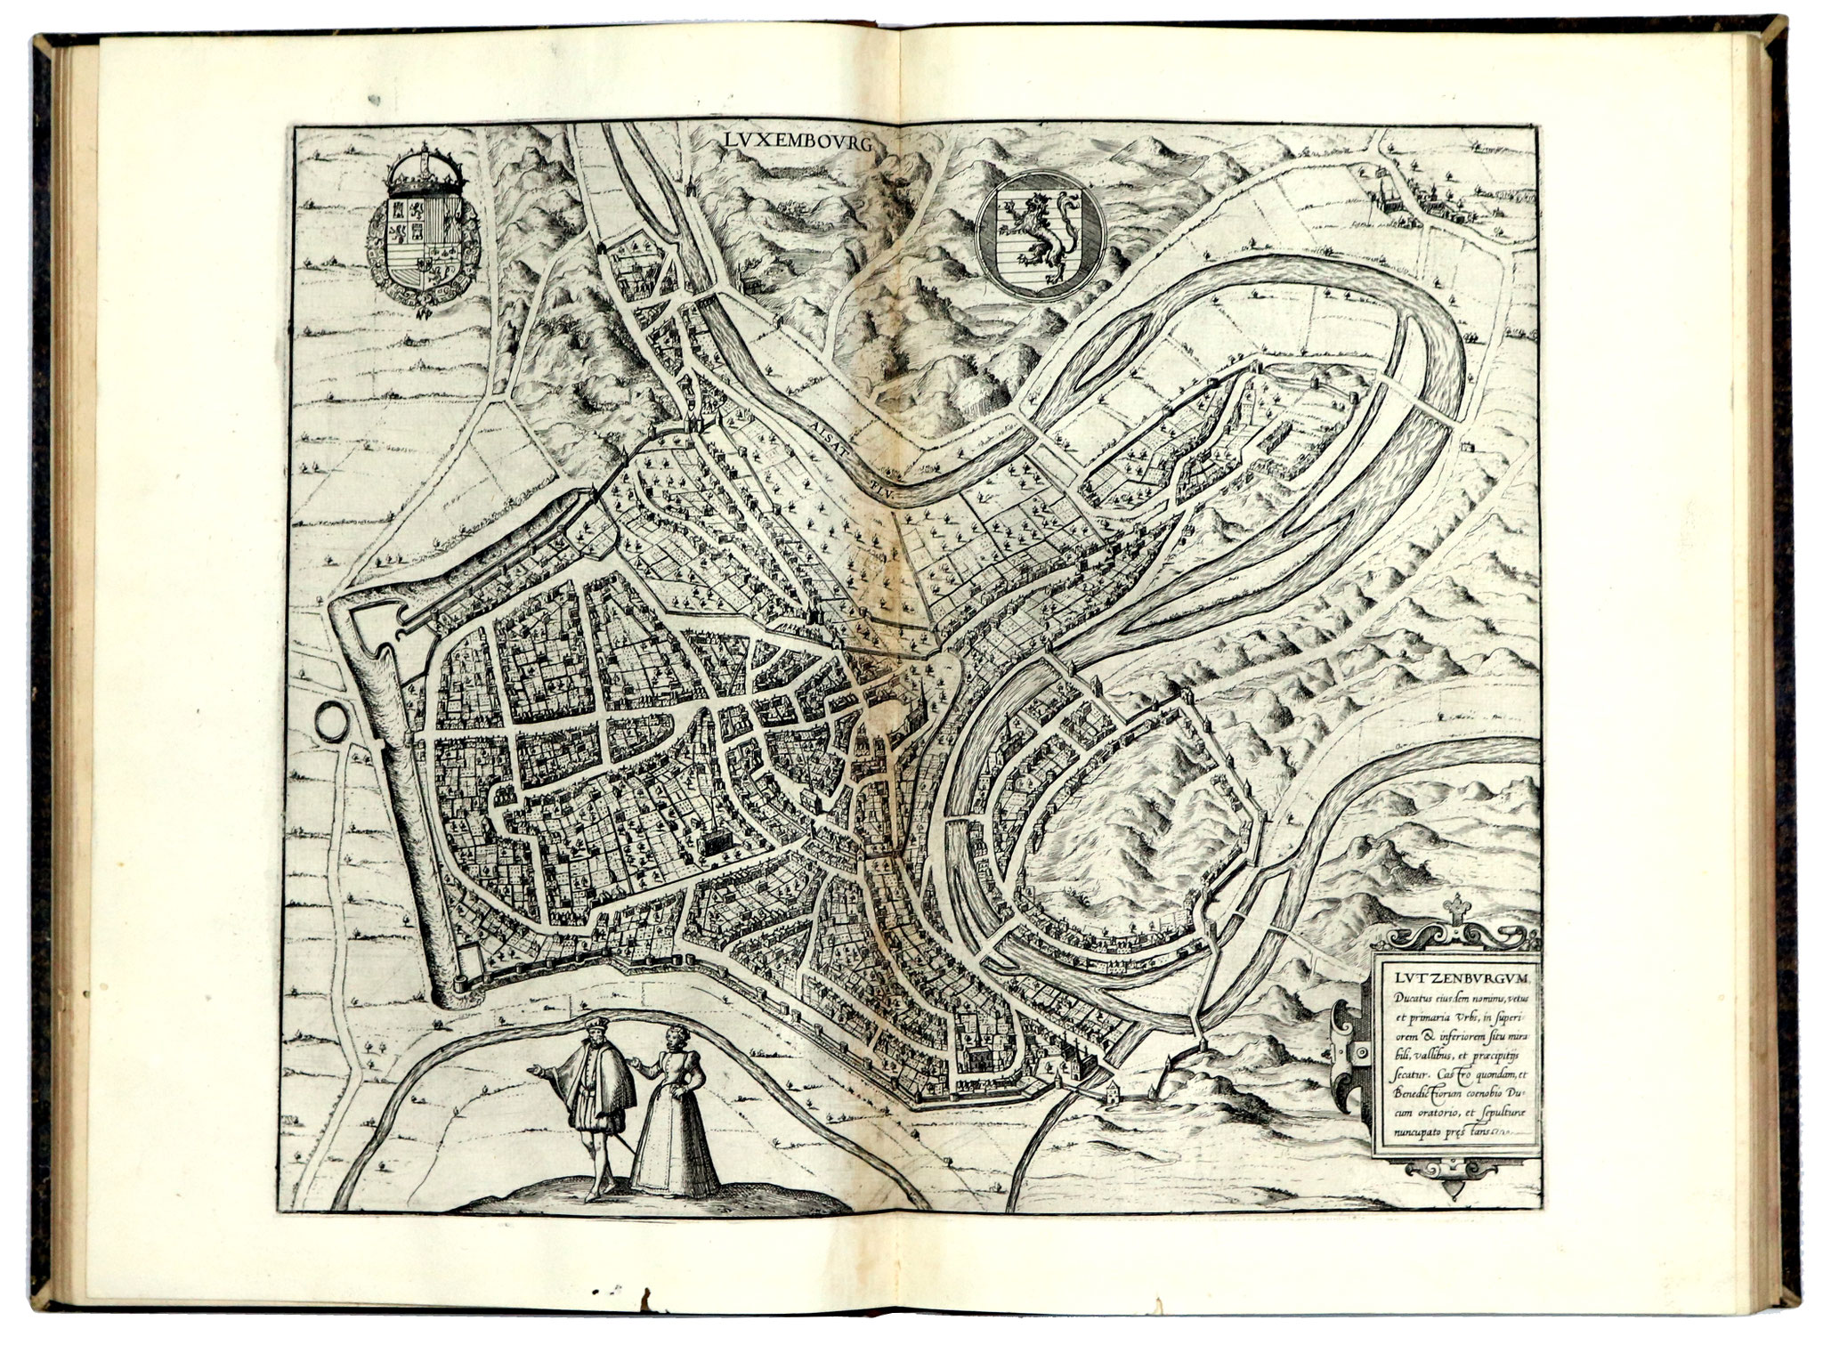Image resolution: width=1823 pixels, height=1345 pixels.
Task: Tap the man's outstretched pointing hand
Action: pyautogui.click(x=534, y=1069)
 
